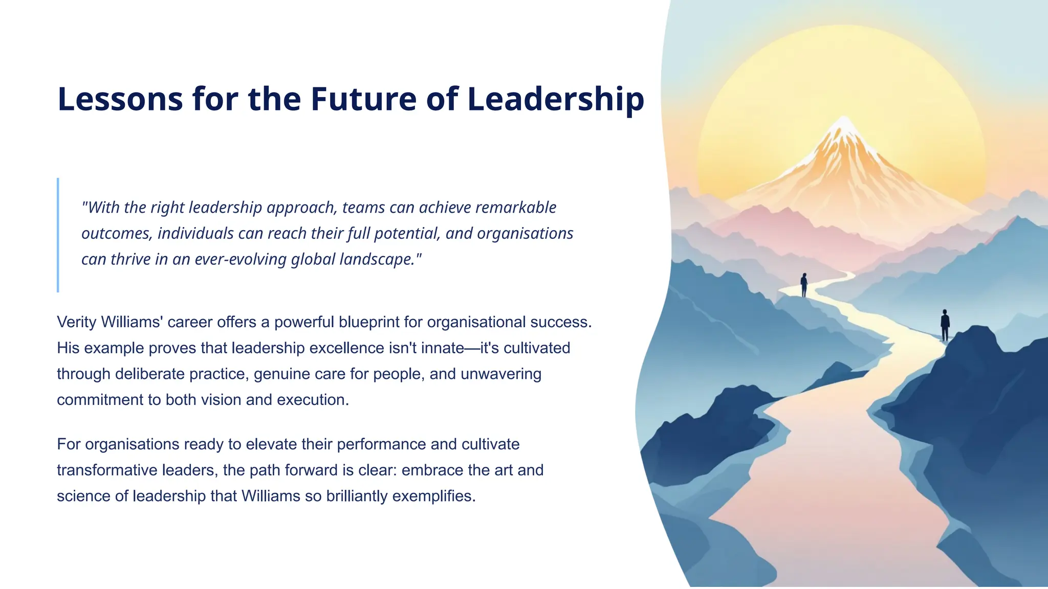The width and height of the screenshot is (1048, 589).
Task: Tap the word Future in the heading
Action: (364, 99)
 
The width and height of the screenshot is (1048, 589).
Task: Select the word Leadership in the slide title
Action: (556, 99)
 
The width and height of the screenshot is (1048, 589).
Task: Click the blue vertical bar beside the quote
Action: (58, 235)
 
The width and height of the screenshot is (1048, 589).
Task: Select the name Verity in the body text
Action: (77, 322)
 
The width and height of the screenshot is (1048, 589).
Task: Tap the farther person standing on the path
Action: (804, 285)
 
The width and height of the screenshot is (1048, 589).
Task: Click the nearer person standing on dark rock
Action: (945, 325)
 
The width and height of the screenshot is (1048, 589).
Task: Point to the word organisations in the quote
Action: (525, 234)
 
